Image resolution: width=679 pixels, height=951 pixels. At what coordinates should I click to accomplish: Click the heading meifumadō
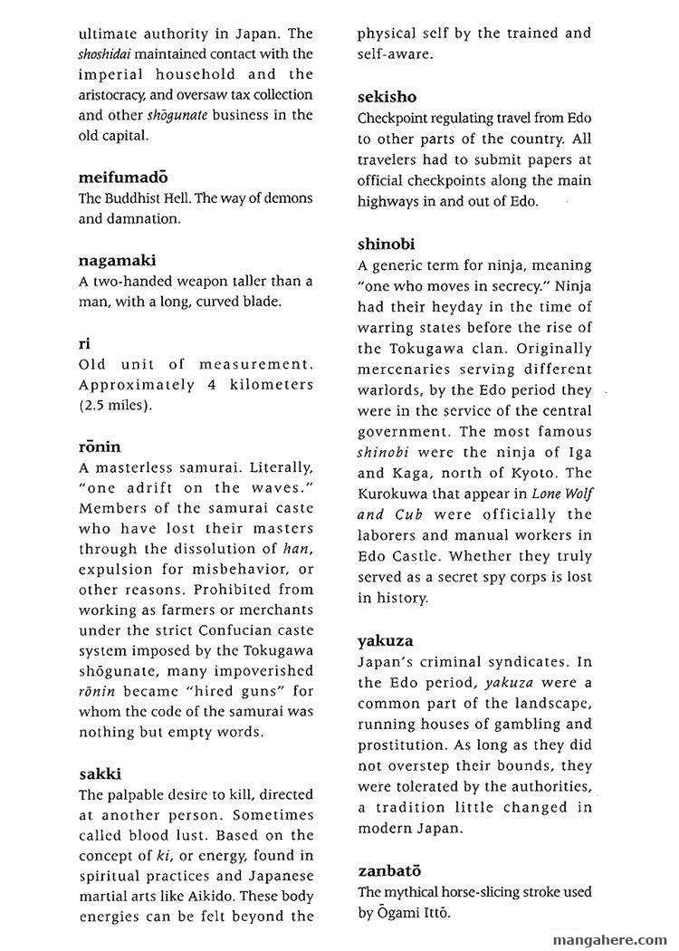point(122,177)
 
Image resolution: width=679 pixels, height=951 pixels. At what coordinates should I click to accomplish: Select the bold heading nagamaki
point(118,261)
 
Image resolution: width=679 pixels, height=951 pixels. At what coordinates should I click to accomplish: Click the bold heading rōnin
point(100,447)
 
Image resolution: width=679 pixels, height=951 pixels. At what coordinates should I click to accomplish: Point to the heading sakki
point(100,774)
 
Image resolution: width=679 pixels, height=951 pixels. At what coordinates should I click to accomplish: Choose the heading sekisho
point(387,97)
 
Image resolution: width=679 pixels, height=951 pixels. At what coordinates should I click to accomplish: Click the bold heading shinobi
point(387,245)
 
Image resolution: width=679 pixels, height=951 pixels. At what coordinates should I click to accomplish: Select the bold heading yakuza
point(387,641)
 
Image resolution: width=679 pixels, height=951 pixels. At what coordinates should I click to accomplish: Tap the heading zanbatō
point(392,871)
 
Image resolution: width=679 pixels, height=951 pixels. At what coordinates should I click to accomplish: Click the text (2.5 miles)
point(115,406)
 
